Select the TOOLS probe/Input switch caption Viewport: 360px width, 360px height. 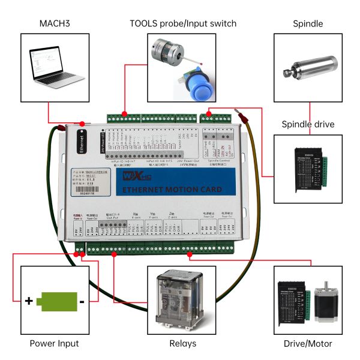click(x=184, y=23)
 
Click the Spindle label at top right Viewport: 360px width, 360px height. click(x=308, y=24)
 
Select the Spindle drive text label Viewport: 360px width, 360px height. click(x=308, y=124)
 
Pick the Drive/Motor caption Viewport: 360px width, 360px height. click(x=308, y=344)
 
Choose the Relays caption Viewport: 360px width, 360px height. click(x=181, y=344)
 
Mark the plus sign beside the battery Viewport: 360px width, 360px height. click(x=28, y=301)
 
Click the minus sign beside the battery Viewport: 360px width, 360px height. click(x=82, y=301)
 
